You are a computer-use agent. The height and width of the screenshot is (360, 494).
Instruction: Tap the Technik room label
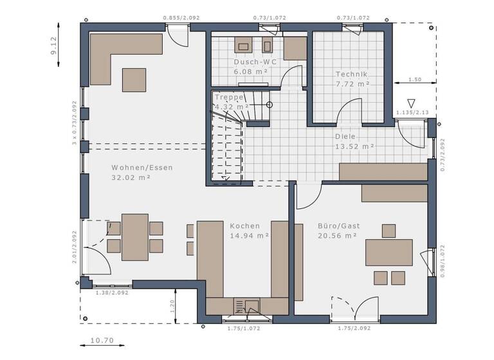352,74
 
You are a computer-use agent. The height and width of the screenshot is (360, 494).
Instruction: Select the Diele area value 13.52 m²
354,147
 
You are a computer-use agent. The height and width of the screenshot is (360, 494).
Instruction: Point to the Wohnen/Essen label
142,167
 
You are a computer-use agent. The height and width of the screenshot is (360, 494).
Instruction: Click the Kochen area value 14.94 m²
249,236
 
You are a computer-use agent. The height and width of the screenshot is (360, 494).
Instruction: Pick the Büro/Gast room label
338,226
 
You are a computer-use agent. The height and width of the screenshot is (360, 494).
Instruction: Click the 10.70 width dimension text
102,340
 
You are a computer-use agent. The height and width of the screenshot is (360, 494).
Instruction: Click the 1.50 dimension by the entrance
415,80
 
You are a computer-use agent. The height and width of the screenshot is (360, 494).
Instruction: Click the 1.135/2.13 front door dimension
412,113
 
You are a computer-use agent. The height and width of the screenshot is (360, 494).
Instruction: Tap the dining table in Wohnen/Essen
134,237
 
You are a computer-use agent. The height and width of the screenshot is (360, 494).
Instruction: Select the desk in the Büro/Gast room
389,251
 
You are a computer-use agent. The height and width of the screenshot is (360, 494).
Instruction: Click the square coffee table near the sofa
134,79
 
